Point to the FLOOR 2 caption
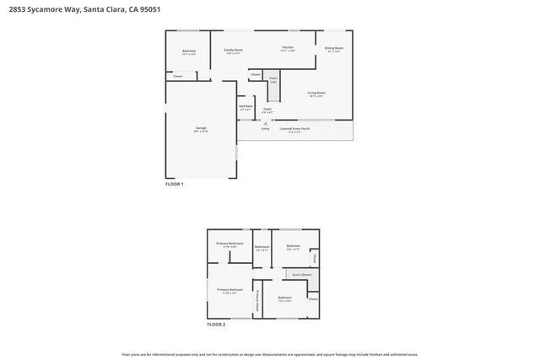217,324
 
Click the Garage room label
201,128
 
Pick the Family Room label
233,50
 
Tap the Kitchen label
288,47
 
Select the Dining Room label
334,48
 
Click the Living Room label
316,93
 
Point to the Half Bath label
246,106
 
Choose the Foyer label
267,109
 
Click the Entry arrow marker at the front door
264,121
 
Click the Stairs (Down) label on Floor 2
302,274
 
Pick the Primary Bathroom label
229,244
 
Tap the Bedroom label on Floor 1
189,51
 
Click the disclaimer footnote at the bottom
270,354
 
